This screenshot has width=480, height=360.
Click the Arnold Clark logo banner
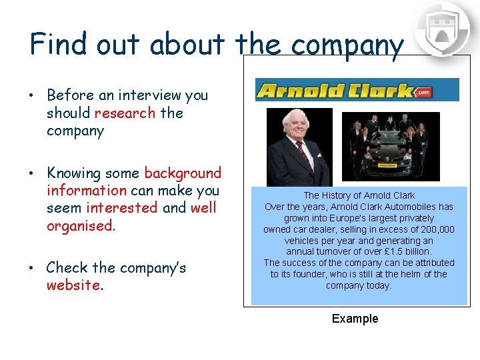tap(357, 90)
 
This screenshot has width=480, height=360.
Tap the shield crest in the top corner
tap(443, 30)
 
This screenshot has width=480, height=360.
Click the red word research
tap(125, 113)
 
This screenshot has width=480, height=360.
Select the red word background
tap(183, 173)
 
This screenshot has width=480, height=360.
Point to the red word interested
tap(122, 208)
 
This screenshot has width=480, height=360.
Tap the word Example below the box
tap(355, 319)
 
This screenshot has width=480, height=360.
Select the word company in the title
tap(347, 47)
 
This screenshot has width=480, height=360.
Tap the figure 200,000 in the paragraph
tap(431, 229)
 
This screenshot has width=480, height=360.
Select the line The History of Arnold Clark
tap(359, 195)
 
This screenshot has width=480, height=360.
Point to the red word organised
tap(81, 225)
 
